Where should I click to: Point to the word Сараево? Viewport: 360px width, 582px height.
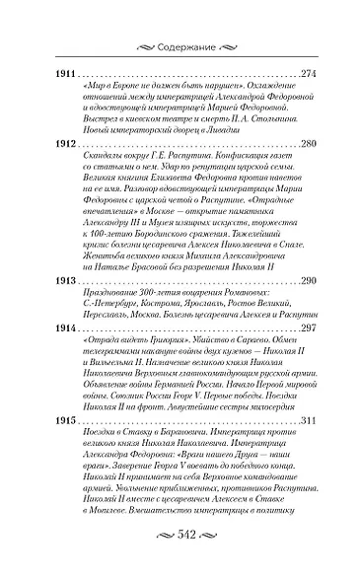point(242,340)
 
